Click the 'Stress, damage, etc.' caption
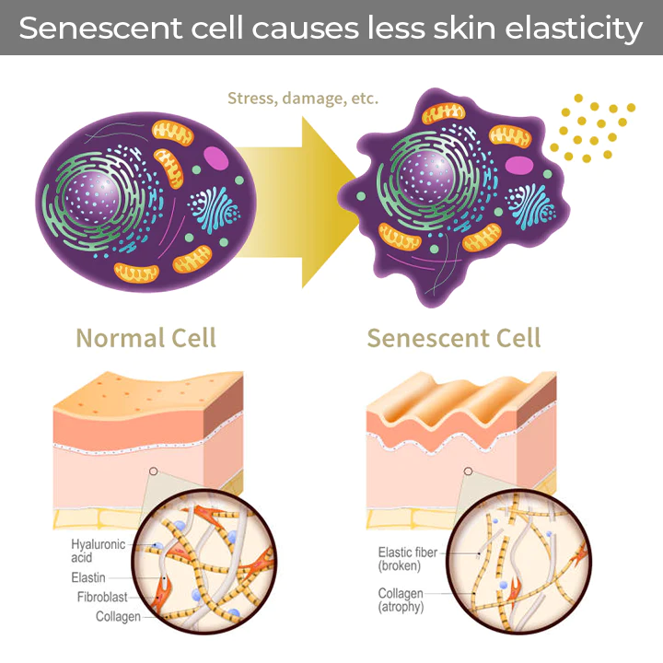[302, 98]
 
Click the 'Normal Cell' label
[145, 338]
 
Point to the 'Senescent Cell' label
[454, 338]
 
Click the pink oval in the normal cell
[216, 157]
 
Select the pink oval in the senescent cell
[520, 166]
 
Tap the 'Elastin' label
[89, 577]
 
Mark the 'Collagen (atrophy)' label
[409, 600]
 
